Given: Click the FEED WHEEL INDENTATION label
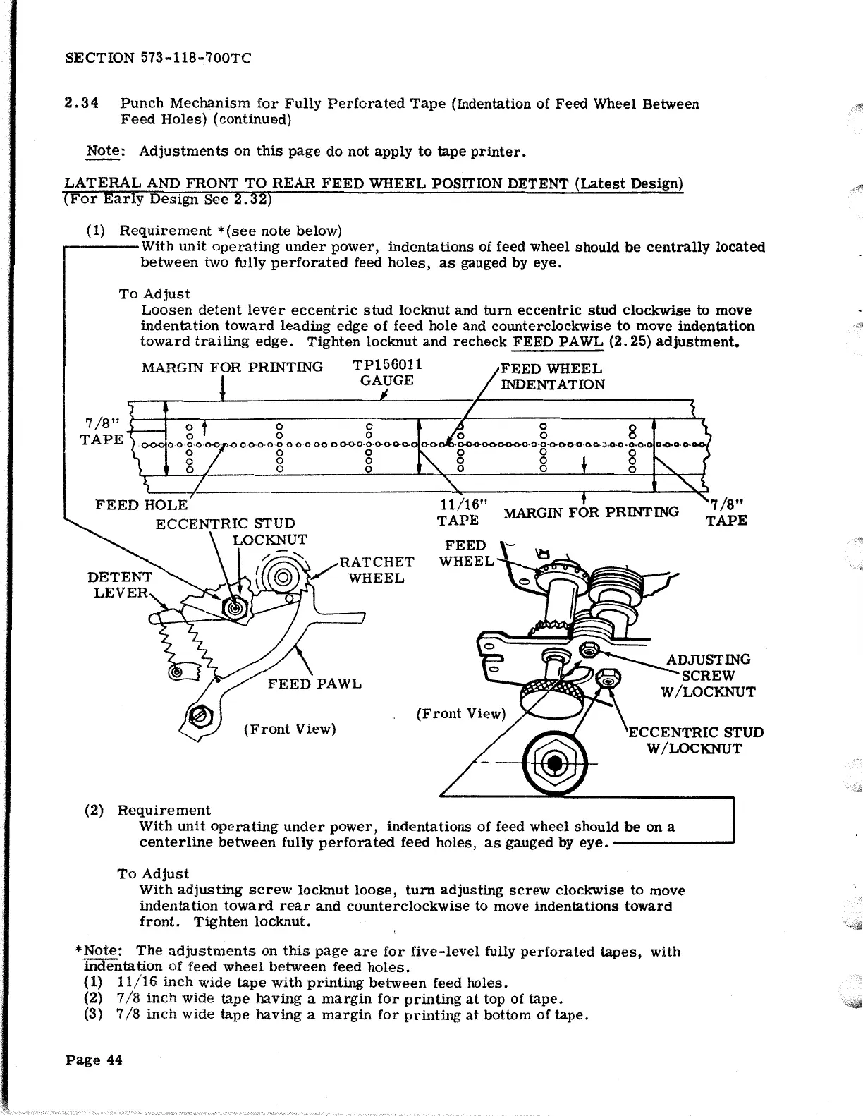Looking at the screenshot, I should coord(552,377).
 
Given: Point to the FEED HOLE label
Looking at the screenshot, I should coord(141,505).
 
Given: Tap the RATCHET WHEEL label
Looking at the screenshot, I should coord(377,570).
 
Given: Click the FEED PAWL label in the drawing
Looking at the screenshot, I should coord(314,684).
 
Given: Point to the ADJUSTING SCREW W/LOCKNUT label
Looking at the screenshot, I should coord(708,676).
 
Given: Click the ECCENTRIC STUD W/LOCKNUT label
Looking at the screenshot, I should coord(695,741).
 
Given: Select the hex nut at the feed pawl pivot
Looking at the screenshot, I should coord(198,717).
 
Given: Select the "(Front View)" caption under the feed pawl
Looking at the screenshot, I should coord(289,729).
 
